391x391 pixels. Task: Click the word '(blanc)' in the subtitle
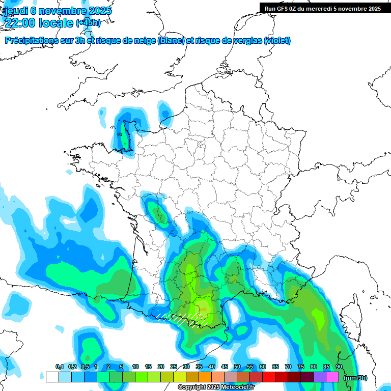(171, 41)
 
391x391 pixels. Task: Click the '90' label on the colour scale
(339, 367)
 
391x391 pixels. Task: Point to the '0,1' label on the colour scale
(59, 367)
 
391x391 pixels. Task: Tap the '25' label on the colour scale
(174, 367)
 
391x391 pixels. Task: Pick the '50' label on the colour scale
(237, 367)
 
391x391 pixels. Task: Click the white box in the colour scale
(52, 377)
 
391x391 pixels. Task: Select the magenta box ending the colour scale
(332, 377)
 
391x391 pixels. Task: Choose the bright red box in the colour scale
(269, 377)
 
